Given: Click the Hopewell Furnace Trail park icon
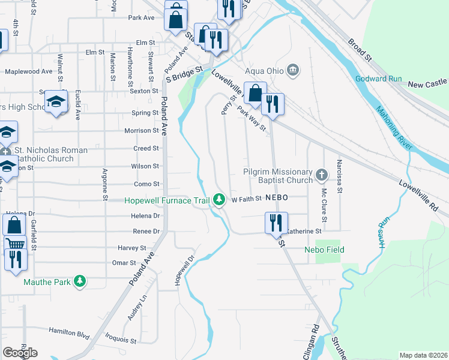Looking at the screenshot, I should [220, 199].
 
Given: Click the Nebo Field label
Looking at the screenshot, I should [324, 249].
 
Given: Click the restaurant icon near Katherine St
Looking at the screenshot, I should [276, 223].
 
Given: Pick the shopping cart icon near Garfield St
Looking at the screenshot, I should [14, 244].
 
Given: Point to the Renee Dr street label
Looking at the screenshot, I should [146, 231].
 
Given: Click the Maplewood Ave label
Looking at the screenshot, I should [28, 71].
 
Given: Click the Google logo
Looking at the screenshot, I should [20, 353].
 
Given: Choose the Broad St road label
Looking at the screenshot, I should [359, 51].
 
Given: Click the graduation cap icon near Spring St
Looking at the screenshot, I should [56, 101].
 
